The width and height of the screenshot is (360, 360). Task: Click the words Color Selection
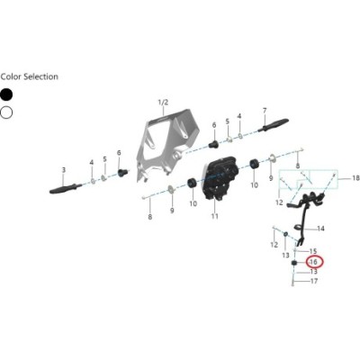click(x=30, y=76)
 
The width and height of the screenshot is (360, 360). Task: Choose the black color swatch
click(x=6, y=94)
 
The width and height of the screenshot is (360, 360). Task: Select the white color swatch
click(x=6, y=112)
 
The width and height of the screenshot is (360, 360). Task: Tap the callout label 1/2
click(x=163, y=103)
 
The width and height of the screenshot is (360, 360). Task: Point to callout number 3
click(x=63, y=170)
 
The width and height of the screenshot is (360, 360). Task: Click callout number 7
click(x=265, y=111)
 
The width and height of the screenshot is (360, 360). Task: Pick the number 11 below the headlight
click(x=214, y=216)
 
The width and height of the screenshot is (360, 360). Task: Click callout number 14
click(x=320, y=229)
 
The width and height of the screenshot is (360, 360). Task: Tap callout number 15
click(x=313, y=251)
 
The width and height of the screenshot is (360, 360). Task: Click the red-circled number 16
click(x=313, y=262)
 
